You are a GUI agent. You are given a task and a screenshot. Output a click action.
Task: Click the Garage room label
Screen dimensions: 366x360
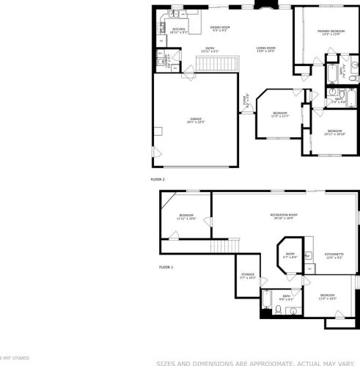click(196, 120)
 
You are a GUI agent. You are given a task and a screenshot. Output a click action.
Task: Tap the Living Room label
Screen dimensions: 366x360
click(265, 50)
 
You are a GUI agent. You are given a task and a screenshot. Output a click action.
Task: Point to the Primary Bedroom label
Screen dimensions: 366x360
click(331, 32)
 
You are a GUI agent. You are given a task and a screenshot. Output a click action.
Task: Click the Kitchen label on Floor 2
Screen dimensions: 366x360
click(178, 31)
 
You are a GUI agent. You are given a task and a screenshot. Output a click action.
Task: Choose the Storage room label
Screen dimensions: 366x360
click(248, 276)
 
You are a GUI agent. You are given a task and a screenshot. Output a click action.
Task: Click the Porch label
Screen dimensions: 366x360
click(247, 100)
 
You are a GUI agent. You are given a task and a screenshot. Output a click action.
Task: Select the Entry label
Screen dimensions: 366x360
click(210, 50)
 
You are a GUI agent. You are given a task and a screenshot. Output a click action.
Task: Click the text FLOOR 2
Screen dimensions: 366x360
click(158, 178)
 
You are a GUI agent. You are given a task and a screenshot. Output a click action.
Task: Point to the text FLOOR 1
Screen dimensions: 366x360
click(166, 267)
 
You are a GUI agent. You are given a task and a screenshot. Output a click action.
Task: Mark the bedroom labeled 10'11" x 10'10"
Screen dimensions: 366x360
click(334, 132)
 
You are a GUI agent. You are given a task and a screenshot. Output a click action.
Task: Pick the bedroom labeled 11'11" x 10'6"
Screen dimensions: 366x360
click(186, 216)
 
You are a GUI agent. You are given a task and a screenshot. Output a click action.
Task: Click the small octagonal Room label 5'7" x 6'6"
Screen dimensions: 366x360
click(290, 256)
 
